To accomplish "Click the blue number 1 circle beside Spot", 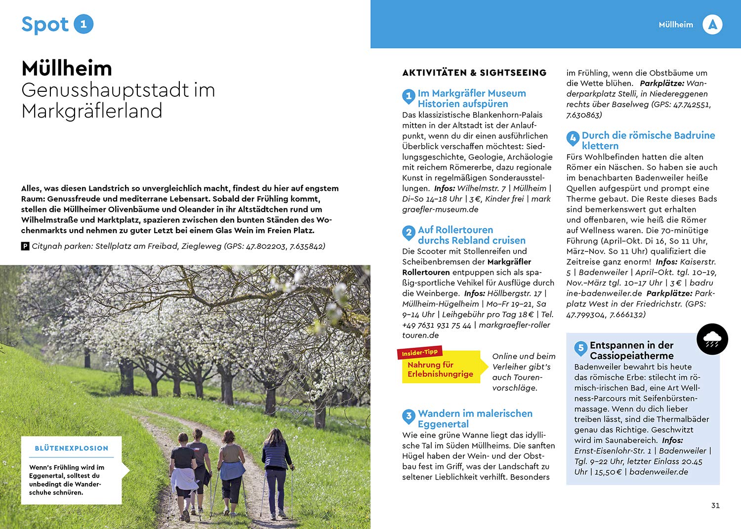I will [83, 24].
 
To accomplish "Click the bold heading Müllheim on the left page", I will [67, 68].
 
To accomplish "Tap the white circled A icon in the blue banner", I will [712, 25].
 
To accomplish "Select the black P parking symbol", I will [25, 246].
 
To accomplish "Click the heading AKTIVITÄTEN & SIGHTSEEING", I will [474, 73].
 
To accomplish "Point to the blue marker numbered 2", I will [409, 232].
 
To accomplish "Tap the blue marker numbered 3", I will [409, 416].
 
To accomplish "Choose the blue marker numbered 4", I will [573, 138].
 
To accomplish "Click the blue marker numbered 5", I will [580, 348].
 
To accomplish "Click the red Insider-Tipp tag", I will [419, 353].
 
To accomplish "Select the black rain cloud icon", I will [712, 339].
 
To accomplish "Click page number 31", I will [715, 505].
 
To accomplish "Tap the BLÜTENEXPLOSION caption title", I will [72, 448].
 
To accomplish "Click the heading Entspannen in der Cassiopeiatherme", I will [631, 350].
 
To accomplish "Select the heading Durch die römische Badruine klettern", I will [648, 140].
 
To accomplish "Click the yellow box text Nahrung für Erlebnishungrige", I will [440, 369].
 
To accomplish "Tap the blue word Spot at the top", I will [45, 25].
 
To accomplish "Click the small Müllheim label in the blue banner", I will [676, 25].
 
